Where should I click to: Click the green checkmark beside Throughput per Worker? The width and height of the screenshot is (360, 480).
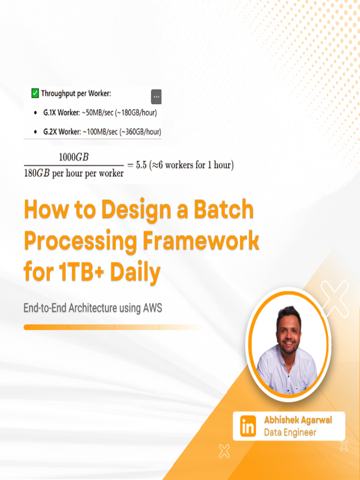pyautogui.click(x=35, y=93)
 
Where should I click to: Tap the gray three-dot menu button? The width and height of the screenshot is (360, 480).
pyautogui.click(x=156, y=97)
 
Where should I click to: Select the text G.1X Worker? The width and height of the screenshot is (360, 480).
pyautogui.click(x=59, y=113)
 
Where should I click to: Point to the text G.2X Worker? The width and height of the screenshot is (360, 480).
pyautogui.click(x=59, y=132)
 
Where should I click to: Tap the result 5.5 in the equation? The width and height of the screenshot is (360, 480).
pyautogui.click(x=141, y=165)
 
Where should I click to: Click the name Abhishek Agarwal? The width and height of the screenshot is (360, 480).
pyautogui.click(x=298, y=420)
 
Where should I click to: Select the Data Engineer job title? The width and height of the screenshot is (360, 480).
pyautogui.click(x=290, y=433)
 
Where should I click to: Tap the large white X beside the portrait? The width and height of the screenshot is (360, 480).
pyautogui.click(x=336, y=298)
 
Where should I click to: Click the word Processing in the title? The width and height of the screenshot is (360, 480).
pyautogui.click(x=80, y=241)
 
